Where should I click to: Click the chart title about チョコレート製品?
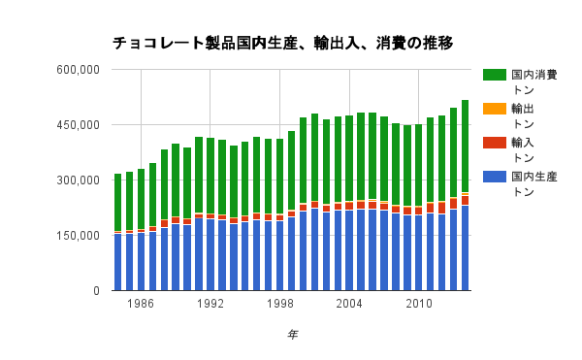(x=282, y=44)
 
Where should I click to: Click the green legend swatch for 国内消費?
(x=495, y=74)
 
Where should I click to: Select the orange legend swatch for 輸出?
(x=495, y=108)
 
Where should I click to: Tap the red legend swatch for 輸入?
(x=495, y=142)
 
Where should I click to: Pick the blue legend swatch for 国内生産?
(x=495, y=176)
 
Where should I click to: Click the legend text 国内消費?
(x=533, y=74)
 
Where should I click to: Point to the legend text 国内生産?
(x=533, y=176)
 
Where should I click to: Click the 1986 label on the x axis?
(x=141, y=304)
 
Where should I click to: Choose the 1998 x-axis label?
(x=280, y=304)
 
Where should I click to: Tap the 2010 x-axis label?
(x=419, y=304)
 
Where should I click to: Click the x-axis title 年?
(x=292, y=335)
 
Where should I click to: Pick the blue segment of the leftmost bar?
(x=117, y=262)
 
